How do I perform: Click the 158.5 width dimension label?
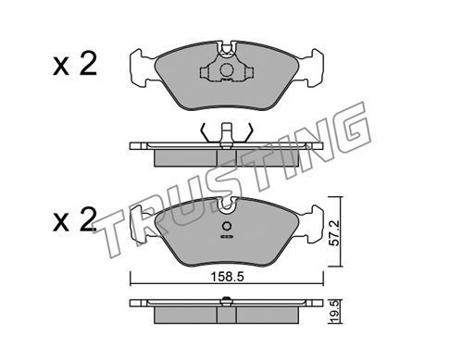pyautogui.click(x=227, y=277)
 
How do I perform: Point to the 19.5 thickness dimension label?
pyautogui.click(x=334, y=311)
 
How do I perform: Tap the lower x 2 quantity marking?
pyautogui.click(x=75, y=219)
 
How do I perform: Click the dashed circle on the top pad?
pyautogui.click(x=227, y=70)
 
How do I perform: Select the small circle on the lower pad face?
pyautogui.click(x=227, y=226)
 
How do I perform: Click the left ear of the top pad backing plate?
pyautogui.click(x=141, y=69)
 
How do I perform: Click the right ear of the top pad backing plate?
pyautogui.click(x=312, y=69)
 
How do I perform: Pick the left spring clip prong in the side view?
pyautogui.click(x=205, y=132)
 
